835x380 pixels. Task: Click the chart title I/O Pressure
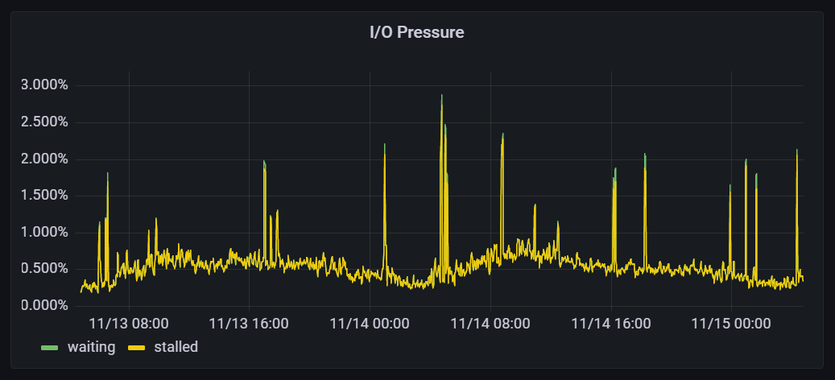coord(416,33)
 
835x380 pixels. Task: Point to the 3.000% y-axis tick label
coord(43,85)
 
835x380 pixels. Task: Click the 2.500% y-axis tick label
coord(43,122)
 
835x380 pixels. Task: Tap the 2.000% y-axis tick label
coord(43,159)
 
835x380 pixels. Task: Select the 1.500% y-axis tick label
coord(43,196)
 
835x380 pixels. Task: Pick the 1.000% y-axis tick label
coord(43,233)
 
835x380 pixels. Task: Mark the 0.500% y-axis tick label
coord(43,269)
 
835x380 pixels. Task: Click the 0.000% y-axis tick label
coord(43,306)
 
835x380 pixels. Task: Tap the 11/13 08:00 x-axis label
coord(129,324)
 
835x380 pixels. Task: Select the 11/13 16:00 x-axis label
coord(249,324)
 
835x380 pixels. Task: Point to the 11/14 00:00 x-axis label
coord(370,324)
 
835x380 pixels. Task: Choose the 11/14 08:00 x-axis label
coord(490,324)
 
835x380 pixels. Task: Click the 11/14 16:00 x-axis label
coord(611,324)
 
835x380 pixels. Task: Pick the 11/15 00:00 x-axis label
coord(731,324)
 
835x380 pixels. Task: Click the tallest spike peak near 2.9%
coord(441,96)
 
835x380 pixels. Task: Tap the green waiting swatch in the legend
coord(50,348)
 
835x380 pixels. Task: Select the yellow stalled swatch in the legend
coord(136,348)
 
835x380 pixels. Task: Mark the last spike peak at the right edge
coord(796,151)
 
